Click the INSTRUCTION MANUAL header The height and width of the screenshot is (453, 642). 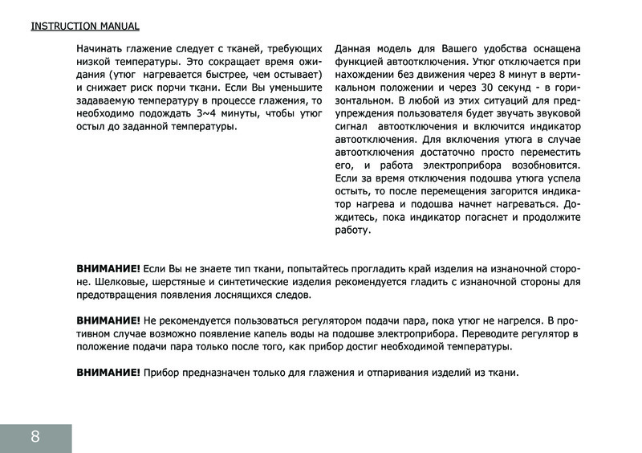coord(85,26)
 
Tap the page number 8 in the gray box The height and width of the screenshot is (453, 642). coord(35,436)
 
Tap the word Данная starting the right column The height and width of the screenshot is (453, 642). coord(354,48)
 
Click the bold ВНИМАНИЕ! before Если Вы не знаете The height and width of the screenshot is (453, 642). coord(108,268)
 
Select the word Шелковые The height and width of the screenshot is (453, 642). coord(127,282)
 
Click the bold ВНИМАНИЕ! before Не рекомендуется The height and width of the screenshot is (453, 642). coord(108,320)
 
